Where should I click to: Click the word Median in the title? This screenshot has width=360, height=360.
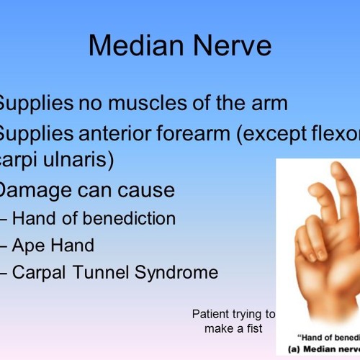click(x=135, y=45)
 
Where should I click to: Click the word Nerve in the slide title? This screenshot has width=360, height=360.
click(x=230, y=45)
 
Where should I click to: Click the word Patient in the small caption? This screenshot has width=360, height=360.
click(x=210, y=314)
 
